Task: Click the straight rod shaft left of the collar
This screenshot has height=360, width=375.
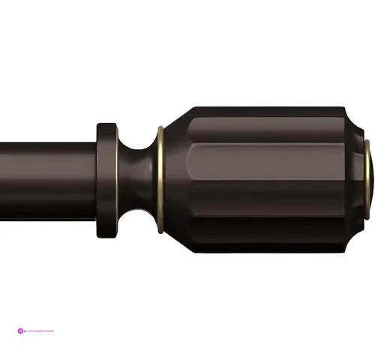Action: [x=45, y=169]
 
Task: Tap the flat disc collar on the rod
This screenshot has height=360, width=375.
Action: [x=106, y=169]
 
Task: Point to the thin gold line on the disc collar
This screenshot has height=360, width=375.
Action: [x=115, y=169]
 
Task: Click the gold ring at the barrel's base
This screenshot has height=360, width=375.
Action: [x=160, y=169]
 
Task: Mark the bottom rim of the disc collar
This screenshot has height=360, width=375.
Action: [x=106, y=213]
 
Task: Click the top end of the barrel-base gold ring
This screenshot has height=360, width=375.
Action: [x=160, y=129]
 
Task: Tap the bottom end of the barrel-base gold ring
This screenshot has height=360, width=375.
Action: [x=160, y=210]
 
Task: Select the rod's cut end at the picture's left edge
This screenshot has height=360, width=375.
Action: [x=2, y=169]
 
